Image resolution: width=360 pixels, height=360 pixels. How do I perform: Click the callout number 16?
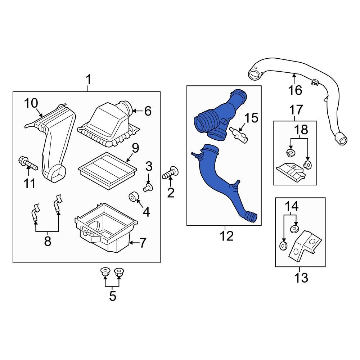[x=295, y=90]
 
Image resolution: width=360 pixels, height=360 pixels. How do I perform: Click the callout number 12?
[x=227, y=236]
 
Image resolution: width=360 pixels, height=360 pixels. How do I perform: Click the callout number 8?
[x=48, y=241]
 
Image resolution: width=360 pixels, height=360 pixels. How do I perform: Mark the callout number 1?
[x=88, y=80]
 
